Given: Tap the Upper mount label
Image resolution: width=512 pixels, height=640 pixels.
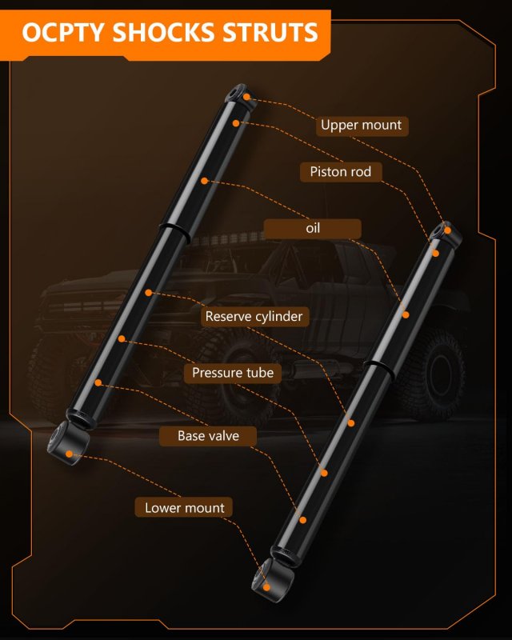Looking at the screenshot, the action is click(362, 126).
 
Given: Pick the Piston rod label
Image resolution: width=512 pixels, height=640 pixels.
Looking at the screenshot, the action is click(341, 172).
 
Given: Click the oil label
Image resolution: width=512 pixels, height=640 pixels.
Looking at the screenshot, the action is click(313, 229).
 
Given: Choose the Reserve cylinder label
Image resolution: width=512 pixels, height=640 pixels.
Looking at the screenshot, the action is click(254, 316).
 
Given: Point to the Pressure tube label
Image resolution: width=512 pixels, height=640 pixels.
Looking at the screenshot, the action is click(233, 373).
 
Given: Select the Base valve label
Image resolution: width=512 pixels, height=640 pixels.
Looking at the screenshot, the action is click(208, 436).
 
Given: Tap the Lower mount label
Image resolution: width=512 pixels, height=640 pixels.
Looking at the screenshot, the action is click(185, 508).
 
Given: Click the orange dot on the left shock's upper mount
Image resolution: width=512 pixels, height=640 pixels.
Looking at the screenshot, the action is click(246, 97).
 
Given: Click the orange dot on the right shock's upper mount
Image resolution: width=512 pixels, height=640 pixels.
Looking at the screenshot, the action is click(447, 230).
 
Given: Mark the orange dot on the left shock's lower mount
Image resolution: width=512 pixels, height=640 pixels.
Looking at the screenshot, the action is click(70, 454).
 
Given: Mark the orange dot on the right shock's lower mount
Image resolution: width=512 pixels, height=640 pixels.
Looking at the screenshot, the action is click(266, 587).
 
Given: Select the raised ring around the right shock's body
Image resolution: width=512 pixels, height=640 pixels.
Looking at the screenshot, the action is click(378, 368).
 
